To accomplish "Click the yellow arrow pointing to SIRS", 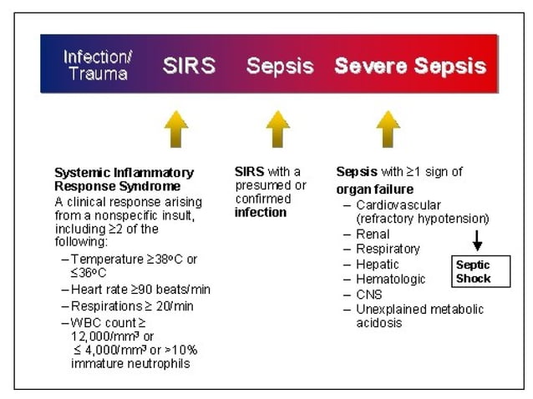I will pos(175,129).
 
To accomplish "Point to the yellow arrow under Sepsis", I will pos(277,129).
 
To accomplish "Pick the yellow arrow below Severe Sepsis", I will pos(388,129).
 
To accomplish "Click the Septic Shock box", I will pos(480,271).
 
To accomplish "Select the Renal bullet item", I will pos(373,235).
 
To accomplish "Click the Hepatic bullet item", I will pos(377,265).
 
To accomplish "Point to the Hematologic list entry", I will pos(390,280).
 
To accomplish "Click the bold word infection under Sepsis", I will pos(260,213).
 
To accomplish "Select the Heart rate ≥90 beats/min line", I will pos(140,290).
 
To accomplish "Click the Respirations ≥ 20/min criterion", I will pos(132,306).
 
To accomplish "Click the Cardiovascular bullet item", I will pos(397,205).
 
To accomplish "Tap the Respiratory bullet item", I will pos(388,250).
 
